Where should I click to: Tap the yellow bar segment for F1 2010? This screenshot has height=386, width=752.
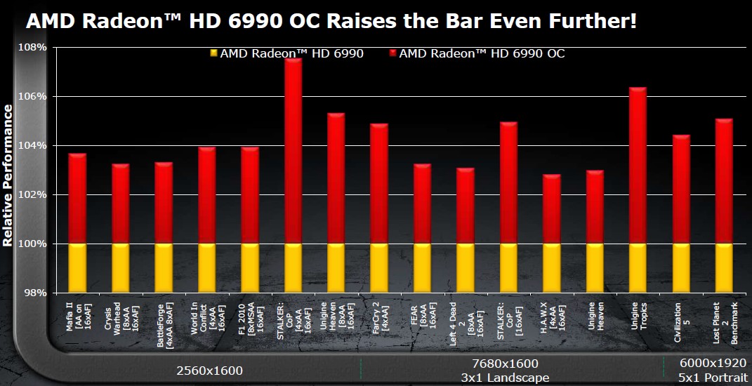click(x=250, y=267)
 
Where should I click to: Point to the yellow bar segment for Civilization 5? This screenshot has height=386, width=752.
click(x=681, y=267)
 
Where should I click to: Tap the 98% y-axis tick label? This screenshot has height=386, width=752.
click(x=37, y=293)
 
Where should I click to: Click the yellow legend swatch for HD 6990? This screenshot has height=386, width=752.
click(x=213, y=53)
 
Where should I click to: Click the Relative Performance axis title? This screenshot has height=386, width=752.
click(x=8, y=175)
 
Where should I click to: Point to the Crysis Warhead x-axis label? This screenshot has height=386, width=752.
click(x=120, y=319)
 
